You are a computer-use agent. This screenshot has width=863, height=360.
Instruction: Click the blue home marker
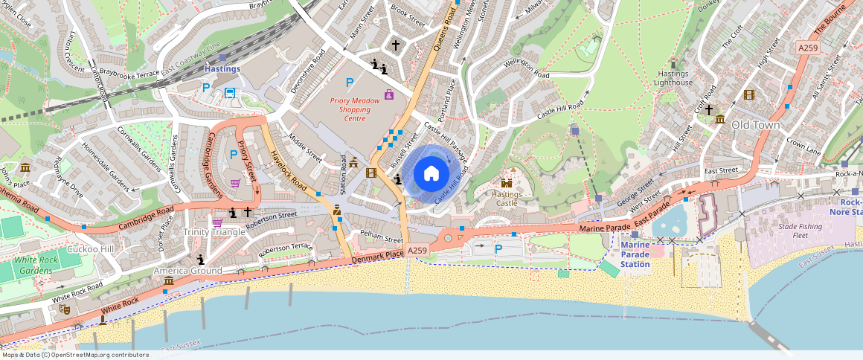(x=431, y=174)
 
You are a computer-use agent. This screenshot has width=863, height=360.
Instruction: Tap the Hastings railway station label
(x=222, y=69)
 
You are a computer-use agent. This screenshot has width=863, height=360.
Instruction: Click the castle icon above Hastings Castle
(x=507, y=182)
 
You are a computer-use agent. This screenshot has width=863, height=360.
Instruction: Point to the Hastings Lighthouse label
(x=675, y=78)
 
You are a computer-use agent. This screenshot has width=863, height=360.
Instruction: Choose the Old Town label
(x=755, y=125)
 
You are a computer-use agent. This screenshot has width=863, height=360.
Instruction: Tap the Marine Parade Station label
(x=635, y=254)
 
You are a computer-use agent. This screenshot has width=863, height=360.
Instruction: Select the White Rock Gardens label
(x=36, y=265)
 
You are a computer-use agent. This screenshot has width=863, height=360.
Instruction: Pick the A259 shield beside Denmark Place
(x=417, y=251)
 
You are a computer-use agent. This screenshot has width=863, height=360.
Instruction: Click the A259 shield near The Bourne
(x=808, y=48)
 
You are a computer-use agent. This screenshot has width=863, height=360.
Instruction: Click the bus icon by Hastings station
(x=230, y=94)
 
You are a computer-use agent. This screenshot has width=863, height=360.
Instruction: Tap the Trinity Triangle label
(x=214, y=232)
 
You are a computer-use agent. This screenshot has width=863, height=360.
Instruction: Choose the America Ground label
(x=187, y=271)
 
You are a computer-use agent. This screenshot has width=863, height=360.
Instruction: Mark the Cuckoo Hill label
(x=90, y=248)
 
